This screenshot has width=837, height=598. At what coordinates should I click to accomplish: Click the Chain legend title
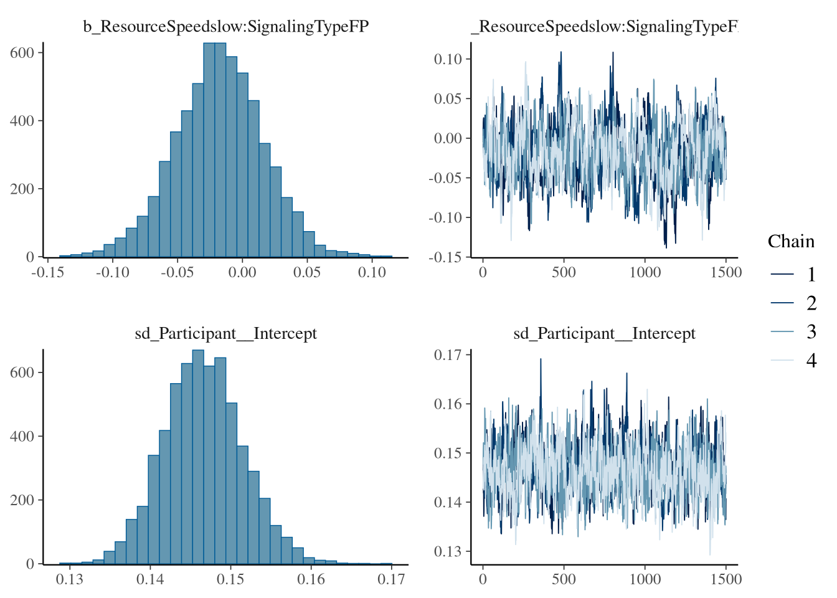click(x=791, y=242)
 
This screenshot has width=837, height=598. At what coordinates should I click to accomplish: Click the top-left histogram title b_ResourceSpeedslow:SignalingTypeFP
click(x=226, y=26)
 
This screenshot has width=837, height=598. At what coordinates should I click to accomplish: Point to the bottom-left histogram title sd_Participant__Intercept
click(x=226, y=334)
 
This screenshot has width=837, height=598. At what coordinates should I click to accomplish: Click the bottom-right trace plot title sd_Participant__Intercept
click(x=604, y=334)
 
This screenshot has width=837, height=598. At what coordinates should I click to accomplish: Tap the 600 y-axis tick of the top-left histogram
click(x=22, y=53)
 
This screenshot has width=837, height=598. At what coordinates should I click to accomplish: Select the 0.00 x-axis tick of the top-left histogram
click(x=242, y=272)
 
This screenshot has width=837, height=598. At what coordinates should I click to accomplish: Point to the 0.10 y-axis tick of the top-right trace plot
click(x=448, y=59)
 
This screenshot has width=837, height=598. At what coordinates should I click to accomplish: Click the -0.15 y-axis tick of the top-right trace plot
click(x=446, y=257)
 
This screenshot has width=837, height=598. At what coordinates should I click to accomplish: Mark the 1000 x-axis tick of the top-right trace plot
click(x=645, y=272)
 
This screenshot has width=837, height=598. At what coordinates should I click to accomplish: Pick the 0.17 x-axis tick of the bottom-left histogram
click(x=392, y=579)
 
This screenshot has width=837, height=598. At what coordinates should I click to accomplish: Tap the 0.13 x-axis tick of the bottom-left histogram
click(x=70, y=579)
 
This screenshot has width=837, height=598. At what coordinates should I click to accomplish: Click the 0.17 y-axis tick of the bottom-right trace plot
click(x=448, y=355)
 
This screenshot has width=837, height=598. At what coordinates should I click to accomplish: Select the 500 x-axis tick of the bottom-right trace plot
click(x=564, y=579)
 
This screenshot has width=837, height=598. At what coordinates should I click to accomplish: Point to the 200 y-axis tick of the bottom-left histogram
click(x=22, y=500)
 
